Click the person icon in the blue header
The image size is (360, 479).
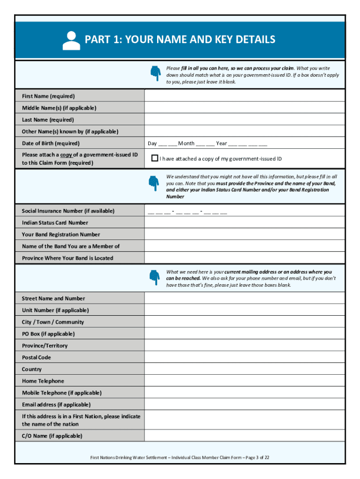click(72, 41)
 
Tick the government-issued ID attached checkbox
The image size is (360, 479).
click(154, 158)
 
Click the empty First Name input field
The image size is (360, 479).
click(245, 96)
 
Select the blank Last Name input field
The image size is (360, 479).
click(245, 120)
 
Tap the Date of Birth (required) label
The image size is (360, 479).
click(50, 143)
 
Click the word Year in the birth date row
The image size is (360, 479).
click(221, 144)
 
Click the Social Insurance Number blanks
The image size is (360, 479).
click(187, 211)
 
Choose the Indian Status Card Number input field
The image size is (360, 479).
click(245, 223)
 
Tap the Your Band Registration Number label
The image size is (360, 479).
click(61, 234)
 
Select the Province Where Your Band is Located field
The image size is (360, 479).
click(245, 258)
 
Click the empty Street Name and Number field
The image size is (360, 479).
click(245, 298)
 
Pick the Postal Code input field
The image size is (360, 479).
click(245, 357)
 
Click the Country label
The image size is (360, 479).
click(32, 369)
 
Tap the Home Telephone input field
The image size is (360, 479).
click(245, 381)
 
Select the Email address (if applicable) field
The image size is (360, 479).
click(245, 405)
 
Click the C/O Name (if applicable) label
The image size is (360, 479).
click(52, 435)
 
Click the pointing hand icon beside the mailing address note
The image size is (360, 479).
click(154, 277)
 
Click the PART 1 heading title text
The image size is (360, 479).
click(180, 40)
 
